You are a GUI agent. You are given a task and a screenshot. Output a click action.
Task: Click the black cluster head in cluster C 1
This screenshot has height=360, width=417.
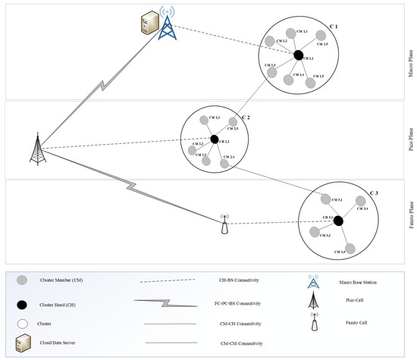pyautogui.click(x=298, y=55)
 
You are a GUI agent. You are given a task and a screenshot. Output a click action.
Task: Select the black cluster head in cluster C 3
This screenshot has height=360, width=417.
pyautogui.click(x=338, y=221)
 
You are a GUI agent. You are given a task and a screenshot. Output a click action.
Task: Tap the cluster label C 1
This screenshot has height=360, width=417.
pyautogui.click(x=333, y=26)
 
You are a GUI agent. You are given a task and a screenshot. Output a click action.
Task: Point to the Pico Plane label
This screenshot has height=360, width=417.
pyautogui.click(x=410, y=139)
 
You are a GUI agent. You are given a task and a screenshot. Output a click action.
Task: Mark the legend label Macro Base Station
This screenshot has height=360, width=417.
pyautogui.click(x=358, y=283)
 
